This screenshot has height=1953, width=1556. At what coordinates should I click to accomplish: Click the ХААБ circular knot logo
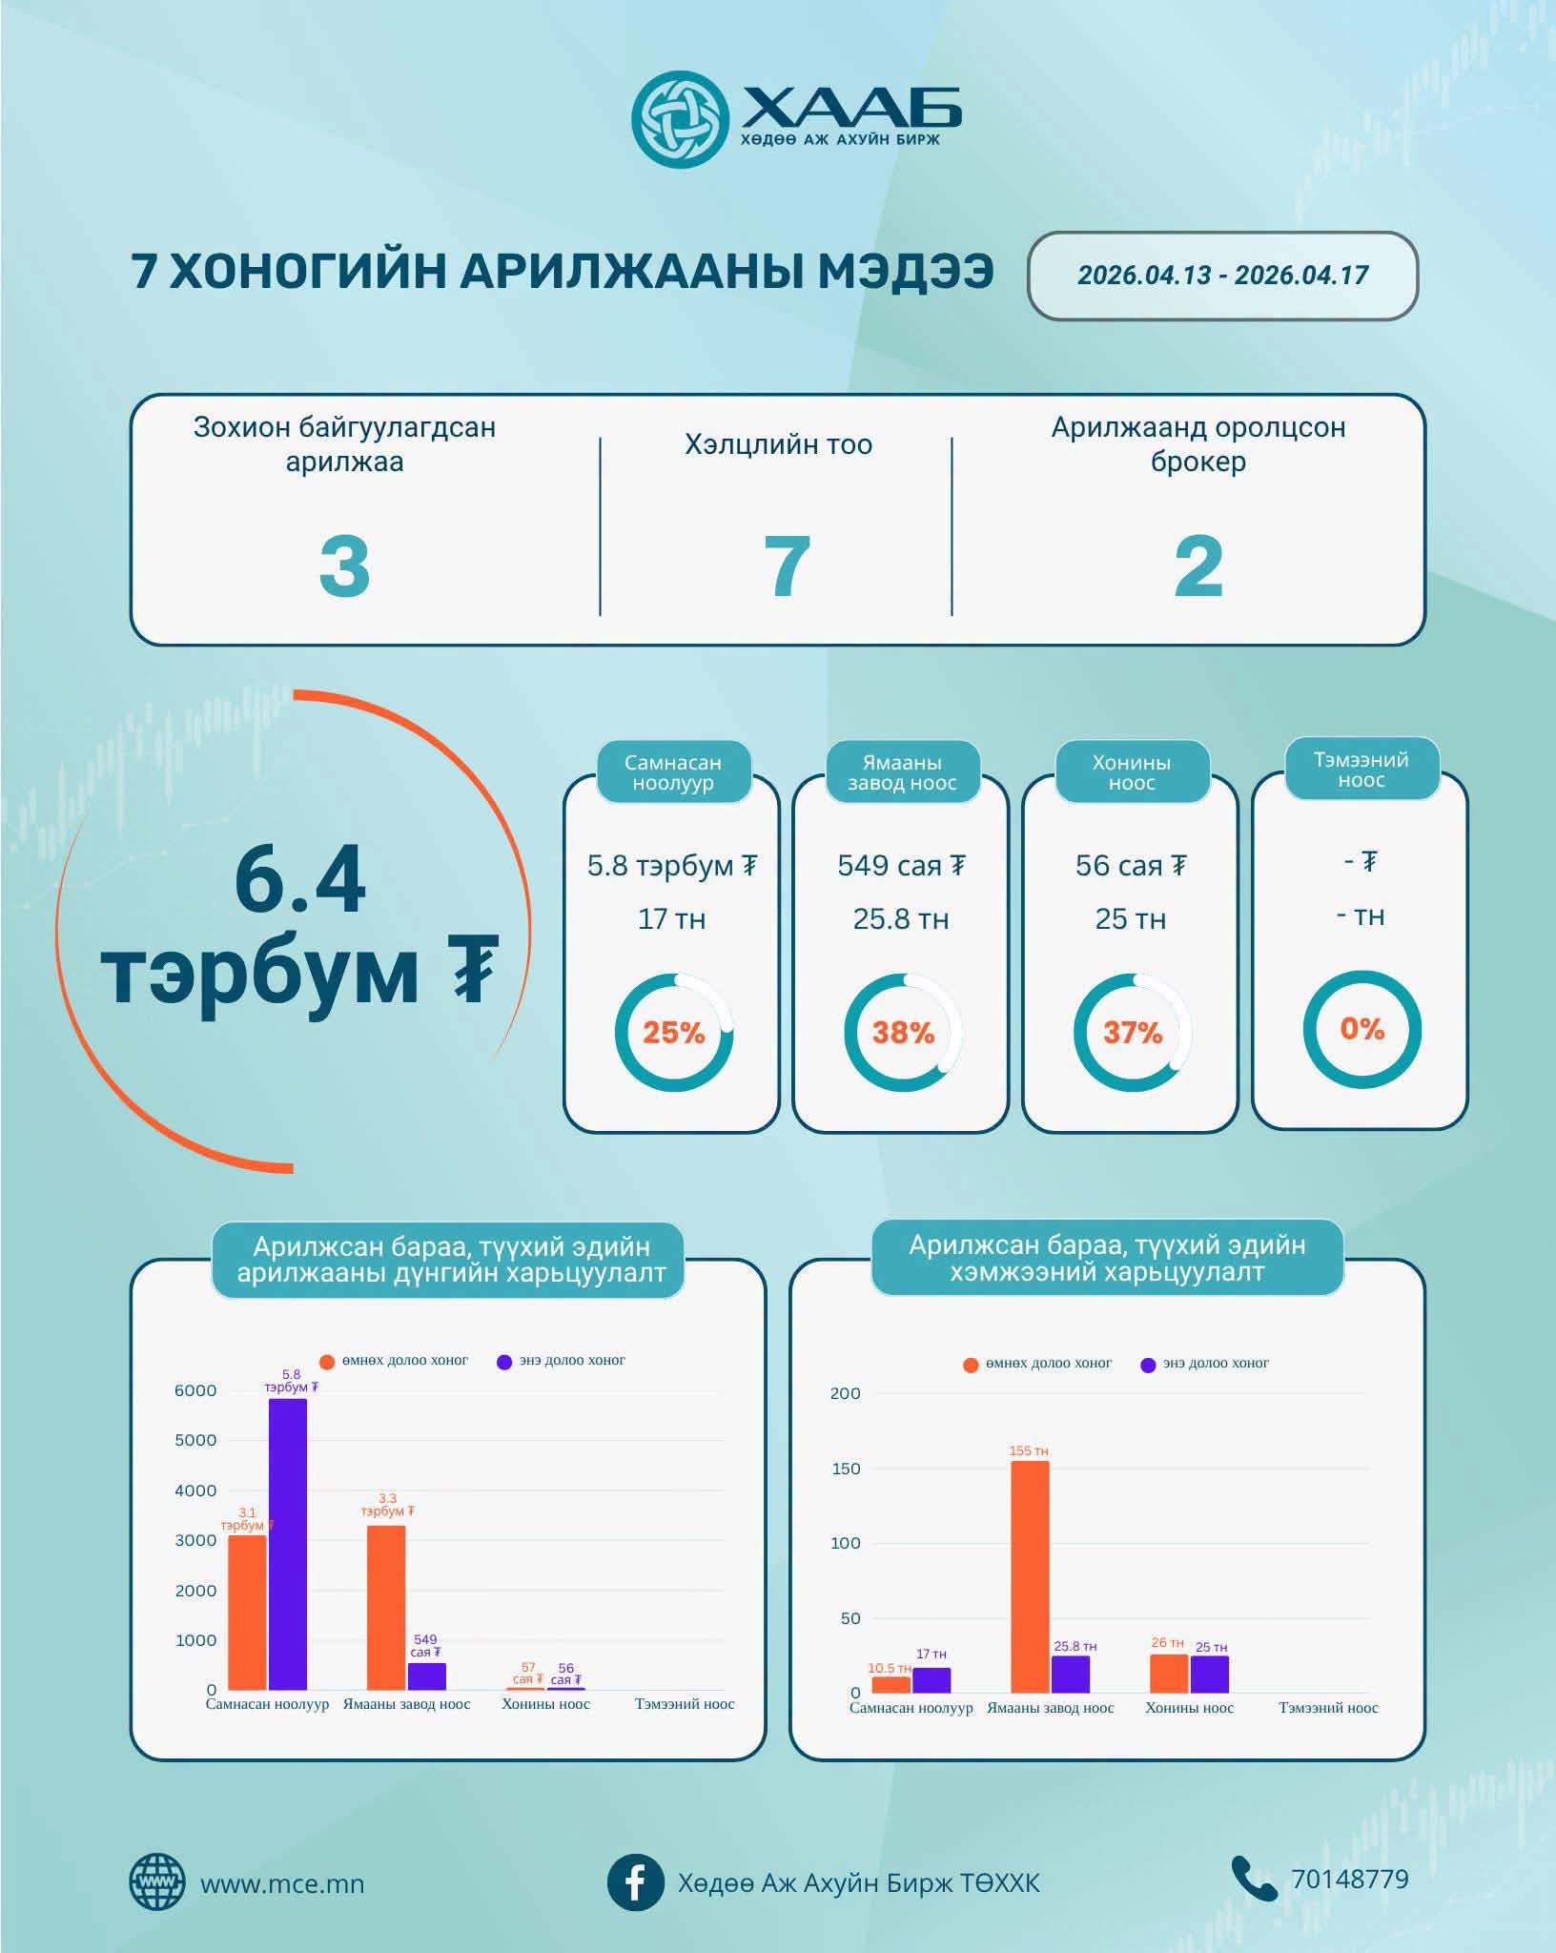(680, 119)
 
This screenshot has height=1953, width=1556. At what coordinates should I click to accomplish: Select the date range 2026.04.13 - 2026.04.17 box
(1222, 276)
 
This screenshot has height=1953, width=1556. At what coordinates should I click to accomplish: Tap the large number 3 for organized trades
(344, 566)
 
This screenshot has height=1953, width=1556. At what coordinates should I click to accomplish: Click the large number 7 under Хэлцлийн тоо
(787, 566)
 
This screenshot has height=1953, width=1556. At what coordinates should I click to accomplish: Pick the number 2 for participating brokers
(1198, 566)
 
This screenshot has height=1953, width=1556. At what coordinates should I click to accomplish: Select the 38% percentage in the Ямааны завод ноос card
(903, 1033)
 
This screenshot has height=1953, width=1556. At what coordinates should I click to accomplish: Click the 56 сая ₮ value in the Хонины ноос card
(1131, 866)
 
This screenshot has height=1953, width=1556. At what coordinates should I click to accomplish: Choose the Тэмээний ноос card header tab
(1361, 770)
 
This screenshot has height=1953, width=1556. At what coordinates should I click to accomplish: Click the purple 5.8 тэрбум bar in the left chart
(288, 1545)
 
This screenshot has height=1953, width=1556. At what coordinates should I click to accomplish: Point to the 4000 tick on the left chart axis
(195, 1490)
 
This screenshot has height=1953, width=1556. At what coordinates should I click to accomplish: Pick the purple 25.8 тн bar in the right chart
(1071, 1674)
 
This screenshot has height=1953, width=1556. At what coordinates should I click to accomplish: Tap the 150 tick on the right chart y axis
(846, 1469)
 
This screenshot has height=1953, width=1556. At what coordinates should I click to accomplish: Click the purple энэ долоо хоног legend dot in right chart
(1148, 1365)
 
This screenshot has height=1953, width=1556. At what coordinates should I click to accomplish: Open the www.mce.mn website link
(281, 1884)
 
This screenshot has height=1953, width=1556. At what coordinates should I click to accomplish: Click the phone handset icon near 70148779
(1253, 1879)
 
